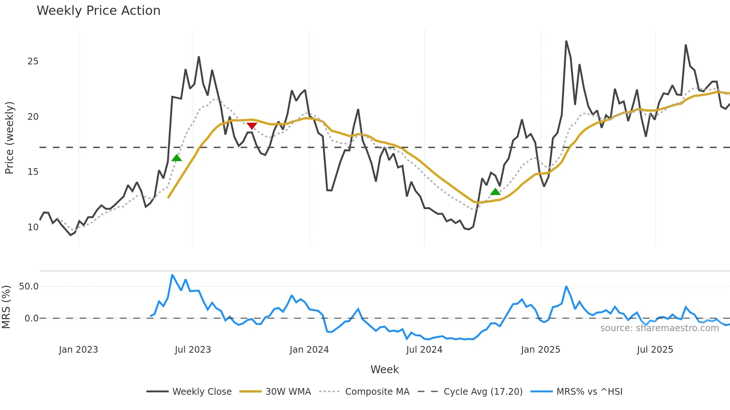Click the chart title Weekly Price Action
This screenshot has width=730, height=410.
98,11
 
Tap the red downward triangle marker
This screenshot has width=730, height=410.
252,126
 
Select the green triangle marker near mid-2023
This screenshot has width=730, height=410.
177,158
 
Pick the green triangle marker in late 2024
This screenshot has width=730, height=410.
495,192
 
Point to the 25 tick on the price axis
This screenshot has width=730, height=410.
33,61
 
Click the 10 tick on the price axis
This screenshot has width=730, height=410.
33,227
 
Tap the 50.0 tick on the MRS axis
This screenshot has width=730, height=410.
29,286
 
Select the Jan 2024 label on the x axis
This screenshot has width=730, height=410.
309,350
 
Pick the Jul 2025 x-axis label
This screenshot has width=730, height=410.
655,350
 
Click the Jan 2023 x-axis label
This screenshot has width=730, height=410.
78,350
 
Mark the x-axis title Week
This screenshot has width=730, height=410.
384,369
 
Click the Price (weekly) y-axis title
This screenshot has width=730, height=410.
9,138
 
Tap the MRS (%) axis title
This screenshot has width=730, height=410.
6,307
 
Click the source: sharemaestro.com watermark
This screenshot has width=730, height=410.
659,328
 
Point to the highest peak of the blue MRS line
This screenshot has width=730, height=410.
172,275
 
